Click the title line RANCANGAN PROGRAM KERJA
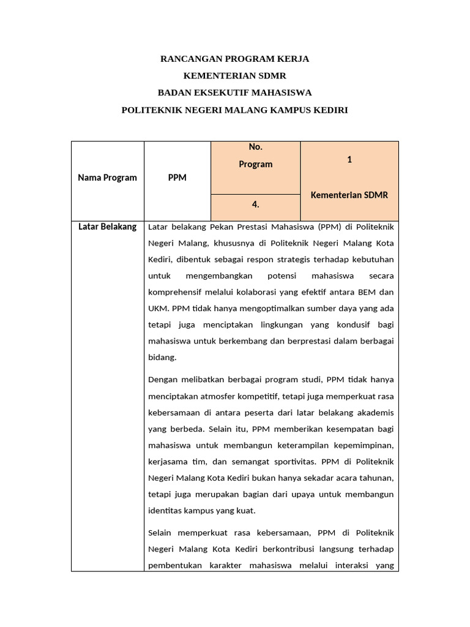234,59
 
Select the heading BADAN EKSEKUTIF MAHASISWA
234,93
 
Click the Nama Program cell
108,178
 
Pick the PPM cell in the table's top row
177,178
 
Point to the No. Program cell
255,156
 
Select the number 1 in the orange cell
349,159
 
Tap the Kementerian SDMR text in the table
349,195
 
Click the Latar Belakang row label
108,227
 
